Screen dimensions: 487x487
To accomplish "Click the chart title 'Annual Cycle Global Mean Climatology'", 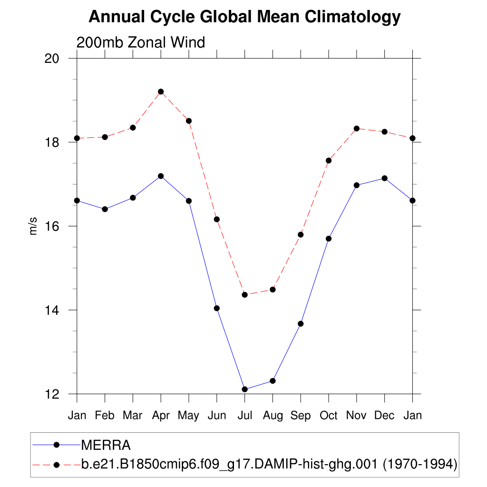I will coord(244,17).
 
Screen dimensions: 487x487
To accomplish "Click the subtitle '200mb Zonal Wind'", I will coord(141,42).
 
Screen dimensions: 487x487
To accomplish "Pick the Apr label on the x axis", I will coord(161,416).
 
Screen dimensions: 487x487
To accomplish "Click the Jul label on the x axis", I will coord(244,416).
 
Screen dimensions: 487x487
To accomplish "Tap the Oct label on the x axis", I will coord(329,416).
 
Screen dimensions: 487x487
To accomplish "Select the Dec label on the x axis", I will coord(384,416).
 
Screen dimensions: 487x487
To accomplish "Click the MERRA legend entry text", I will coord(106,445).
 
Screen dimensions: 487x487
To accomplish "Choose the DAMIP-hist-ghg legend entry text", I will coord(269,464).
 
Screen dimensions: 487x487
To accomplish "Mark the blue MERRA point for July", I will coord(245,390).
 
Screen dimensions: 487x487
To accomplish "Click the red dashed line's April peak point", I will coord(161,91).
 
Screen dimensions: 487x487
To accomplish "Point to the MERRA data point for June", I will coord(217,308).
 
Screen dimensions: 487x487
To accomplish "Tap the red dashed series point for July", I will coord(245,295).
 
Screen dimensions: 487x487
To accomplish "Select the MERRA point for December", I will coord(384,178).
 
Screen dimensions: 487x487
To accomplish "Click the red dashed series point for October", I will coord(329,161).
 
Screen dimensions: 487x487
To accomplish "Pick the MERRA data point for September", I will coord(301,324).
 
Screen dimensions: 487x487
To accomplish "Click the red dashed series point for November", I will coord(357,128).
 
